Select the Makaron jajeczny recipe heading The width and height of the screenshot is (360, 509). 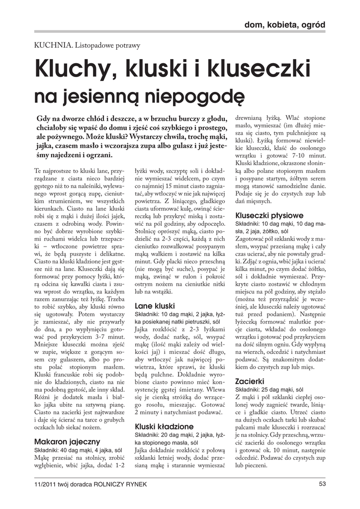67,441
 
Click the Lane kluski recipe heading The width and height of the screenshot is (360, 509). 155,306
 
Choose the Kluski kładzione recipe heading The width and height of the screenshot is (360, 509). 164,426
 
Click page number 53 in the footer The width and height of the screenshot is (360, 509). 322,484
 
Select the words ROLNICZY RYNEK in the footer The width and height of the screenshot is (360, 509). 123,485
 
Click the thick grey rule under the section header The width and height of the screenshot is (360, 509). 180,31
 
